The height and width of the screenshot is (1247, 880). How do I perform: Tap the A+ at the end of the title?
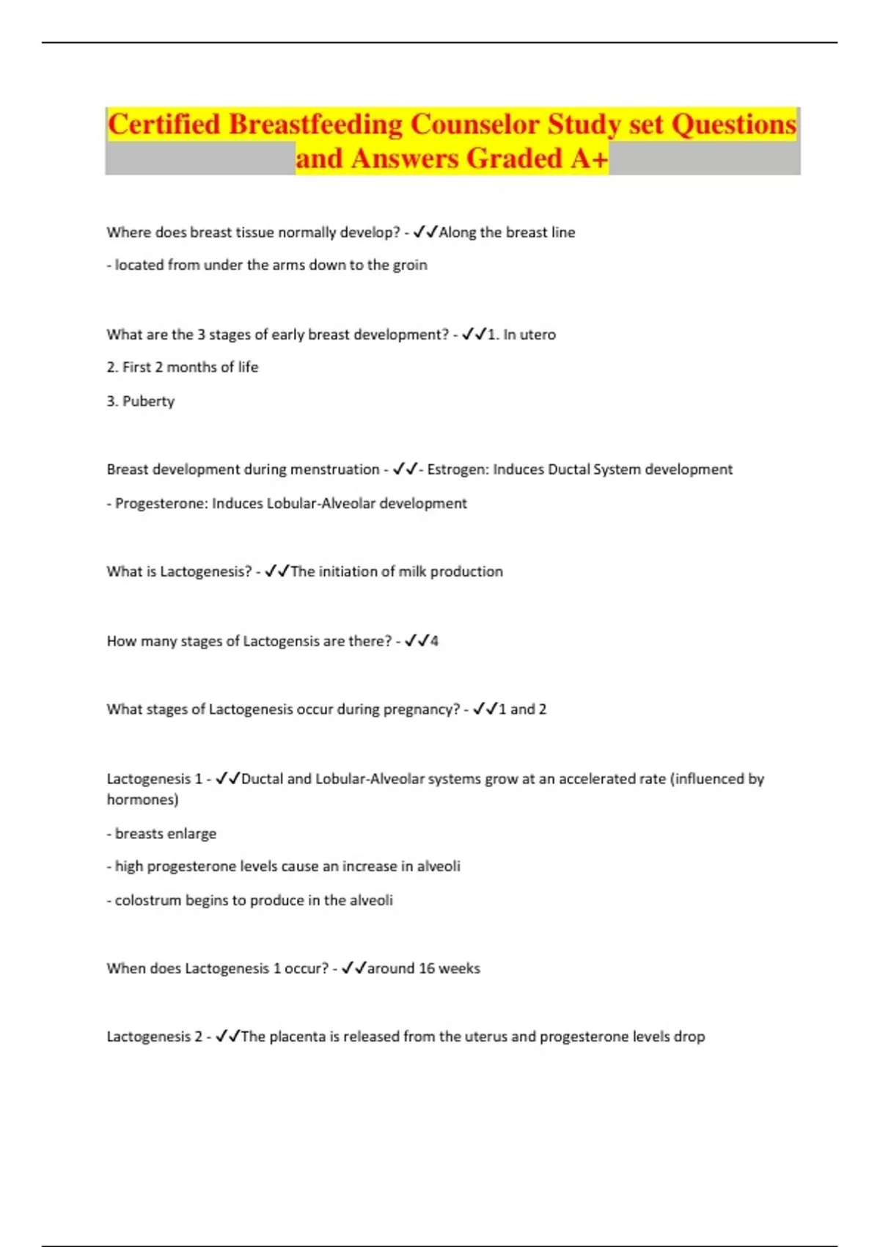tap(589, 158)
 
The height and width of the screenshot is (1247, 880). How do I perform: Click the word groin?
tap(410, 265)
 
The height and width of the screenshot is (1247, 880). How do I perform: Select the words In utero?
tap(529, 334)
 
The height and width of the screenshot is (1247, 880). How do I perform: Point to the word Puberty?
tap(148, 401)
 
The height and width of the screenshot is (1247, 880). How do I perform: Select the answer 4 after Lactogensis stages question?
tap(434, 641)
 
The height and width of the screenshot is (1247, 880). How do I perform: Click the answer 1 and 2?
tap(522, 709)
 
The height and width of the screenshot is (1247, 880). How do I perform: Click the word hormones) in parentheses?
tap(142, 800)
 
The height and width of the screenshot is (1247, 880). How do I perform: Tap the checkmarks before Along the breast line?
tap(425, 233)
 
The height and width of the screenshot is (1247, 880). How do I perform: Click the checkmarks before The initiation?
tap(277, 571)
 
